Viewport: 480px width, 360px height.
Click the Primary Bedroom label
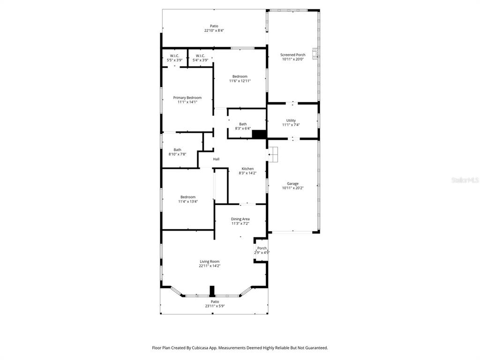click(x=187, y=97)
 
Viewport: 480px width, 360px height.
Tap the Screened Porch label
click(x=293, y=55)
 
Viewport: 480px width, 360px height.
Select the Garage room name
click(x=293, y=184)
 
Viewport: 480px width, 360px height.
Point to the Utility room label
click(x=291, y=120)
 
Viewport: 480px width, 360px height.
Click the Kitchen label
click(x=247, y=169)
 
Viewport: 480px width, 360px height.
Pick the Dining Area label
click(x=240, y=219)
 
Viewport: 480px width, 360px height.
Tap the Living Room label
click(x=210, y=262)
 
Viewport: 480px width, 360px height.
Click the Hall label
click(x=216, y=159)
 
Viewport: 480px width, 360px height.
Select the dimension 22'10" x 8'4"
click(x=214, y=30)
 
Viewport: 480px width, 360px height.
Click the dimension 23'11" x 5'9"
click(x=215, y=306)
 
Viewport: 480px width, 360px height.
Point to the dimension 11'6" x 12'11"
click(x=240, y=81)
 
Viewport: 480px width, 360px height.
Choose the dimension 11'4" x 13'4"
click(x=188, y=202)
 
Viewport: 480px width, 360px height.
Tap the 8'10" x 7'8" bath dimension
click(x=177, y=154)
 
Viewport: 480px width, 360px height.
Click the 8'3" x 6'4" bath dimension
click(x=243, y=128)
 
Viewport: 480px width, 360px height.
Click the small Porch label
click(x=262, y=248)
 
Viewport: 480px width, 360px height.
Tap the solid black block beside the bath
click(x=259, y=135)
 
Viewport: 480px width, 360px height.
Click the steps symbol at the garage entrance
click(x=273, y=154)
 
